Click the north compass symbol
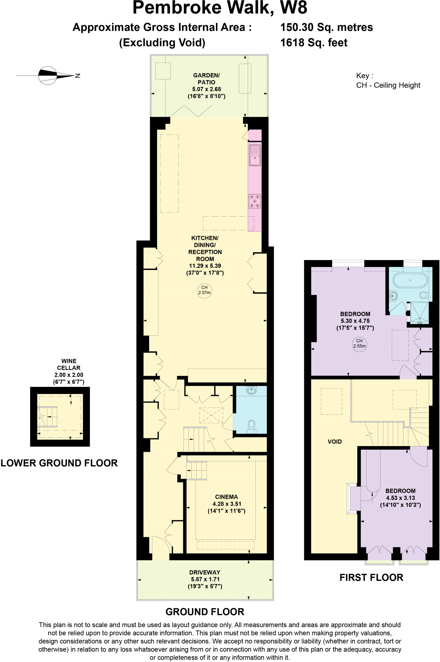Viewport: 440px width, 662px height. pos(47,76)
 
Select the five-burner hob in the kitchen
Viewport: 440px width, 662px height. pos(255,201)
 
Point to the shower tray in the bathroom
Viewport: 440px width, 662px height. pos(420,313)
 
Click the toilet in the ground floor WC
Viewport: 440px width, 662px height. pos(252,426)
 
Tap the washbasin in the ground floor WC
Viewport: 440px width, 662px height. pos(251,390)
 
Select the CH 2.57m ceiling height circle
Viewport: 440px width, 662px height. pos(204,290)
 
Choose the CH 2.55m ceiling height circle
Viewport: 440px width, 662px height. pos(359,343)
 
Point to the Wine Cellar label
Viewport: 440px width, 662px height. pos(69,364)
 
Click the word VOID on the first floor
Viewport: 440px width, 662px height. pos(335,442)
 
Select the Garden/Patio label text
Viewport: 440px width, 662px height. pos(206,79)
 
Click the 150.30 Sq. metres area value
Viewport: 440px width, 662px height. pos(327,27)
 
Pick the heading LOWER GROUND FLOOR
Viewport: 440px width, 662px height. pos(59,463)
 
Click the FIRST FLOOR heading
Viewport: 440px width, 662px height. pos(371,578)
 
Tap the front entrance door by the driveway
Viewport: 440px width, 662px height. pos(160,548)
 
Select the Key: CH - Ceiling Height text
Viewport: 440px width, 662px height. pos(388,80)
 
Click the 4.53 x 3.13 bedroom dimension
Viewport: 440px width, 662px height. pos(401,498)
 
